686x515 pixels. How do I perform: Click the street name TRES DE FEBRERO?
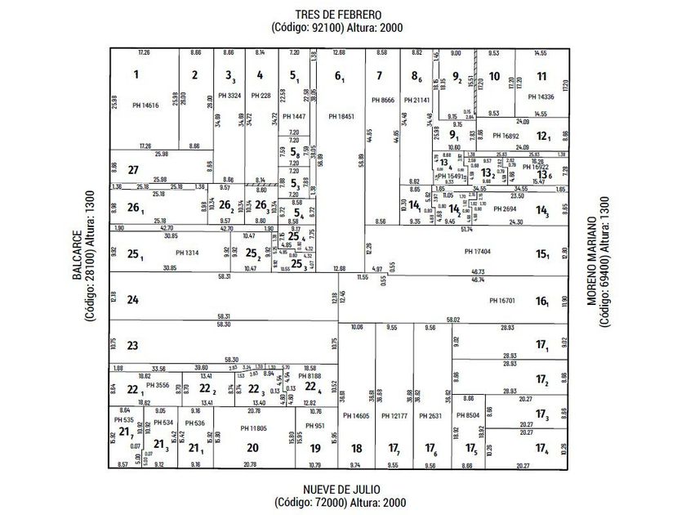coord(338,15)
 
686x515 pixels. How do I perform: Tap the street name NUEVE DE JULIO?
coord(339,489)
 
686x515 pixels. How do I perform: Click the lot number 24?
coord(133,299)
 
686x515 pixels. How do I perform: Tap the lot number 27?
coord(135,169)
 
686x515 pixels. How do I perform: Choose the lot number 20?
coord(252,447)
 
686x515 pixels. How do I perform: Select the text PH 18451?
coord(341,117)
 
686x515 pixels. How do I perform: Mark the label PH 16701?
coord(503,301)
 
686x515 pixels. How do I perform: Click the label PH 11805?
coord(254,428)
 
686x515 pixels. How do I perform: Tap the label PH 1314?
coord(186,253)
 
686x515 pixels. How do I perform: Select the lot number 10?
coord(495,78)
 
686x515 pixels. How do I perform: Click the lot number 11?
coord(541,77)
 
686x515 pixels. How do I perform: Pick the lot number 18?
coord(356,448)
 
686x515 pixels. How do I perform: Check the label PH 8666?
coord(382,100)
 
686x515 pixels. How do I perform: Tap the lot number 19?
coord(315,448)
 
